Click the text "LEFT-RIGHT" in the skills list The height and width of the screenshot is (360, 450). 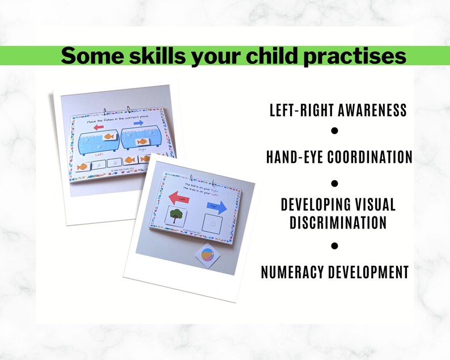303,110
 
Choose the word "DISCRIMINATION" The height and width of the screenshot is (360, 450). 338,222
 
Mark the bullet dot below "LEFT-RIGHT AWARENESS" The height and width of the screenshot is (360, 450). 334,131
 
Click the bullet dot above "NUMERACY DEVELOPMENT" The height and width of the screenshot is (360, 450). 334,246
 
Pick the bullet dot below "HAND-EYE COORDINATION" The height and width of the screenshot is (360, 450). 334,183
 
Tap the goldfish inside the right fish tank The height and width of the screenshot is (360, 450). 141,142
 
